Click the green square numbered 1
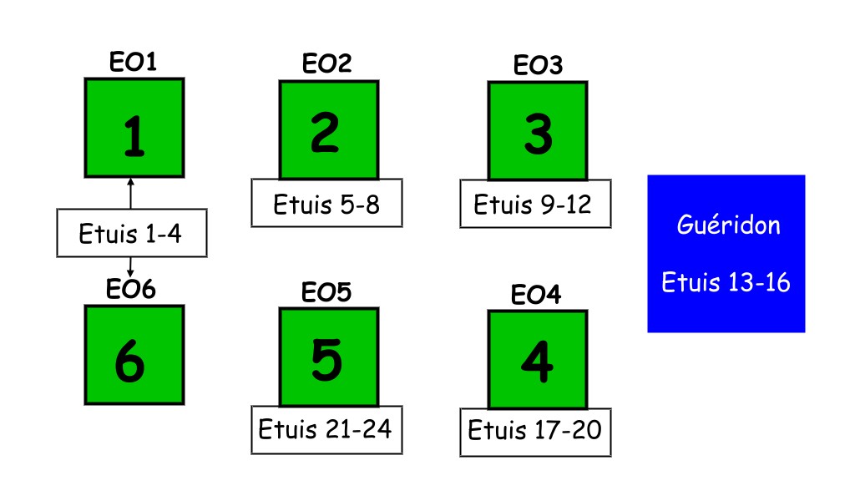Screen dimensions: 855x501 [134, 128]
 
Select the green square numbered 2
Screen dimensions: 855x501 [329, 129]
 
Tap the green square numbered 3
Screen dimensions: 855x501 [538, 131]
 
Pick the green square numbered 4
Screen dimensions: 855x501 [538, 360]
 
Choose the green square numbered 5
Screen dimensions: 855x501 [329, 357]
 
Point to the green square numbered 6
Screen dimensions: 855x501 [134, 354]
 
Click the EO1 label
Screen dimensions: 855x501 [133, 62]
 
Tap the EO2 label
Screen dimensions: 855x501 [326, 63]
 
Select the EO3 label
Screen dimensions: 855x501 [538, 65]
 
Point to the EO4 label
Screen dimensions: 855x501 [535, 295]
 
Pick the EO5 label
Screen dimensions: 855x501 [326, 292]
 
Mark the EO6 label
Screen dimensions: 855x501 [131, 289]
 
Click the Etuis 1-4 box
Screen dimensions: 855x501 [132, 233]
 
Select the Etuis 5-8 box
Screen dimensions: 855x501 [326, 203]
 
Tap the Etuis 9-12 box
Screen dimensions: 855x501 [535, 204]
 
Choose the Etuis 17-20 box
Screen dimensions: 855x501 [535, 433]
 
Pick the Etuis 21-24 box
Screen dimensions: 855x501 [326, 429]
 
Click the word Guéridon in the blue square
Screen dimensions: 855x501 [728, 225]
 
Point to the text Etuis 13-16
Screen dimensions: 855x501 [726, 282]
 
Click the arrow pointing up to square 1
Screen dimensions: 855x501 [130, 194]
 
